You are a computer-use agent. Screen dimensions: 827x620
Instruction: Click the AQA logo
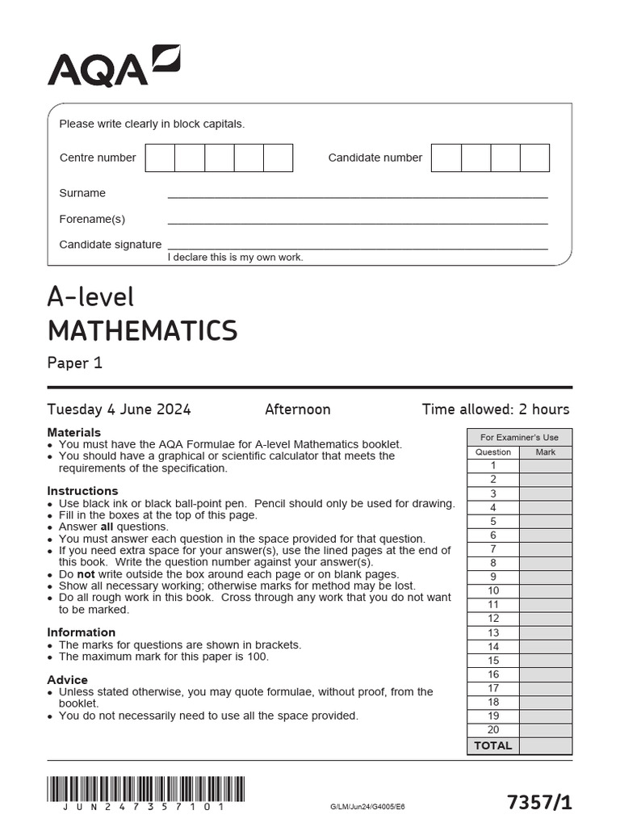113,65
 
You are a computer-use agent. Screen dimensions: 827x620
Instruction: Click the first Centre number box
160,157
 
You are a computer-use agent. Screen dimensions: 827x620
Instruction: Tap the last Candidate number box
534,157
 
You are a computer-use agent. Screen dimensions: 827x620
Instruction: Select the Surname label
82,193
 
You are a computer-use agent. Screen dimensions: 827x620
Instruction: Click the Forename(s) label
92,219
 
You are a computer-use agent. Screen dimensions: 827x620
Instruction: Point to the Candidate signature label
111,244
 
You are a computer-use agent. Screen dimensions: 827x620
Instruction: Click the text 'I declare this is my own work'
235,257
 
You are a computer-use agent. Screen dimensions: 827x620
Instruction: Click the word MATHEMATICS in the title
142,330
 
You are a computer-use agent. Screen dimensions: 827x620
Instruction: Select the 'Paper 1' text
75,363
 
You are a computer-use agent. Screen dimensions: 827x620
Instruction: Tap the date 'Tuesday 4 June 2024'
119,409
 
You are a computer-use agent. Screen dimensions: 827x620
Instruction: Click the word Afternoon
297,409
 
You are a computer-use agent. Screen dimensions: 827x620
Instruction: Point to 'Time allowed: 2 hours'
495,409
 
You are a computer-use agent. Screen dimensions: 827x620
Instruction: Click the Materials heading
74,432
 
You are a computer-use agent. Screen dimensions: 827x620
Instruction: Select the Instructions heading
82,491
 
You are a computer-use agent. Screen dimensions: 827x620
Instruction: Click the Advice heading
68,679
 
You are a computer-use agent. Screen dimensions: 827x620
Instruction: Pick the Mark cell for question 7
545,549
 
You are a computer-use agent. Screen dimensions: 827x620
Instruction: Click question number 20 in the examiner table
493,730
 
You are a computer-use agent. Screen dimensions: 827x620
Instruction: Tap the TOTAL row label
493,745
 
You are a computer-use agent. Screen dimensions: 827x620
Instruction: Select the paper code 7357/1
539,802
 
